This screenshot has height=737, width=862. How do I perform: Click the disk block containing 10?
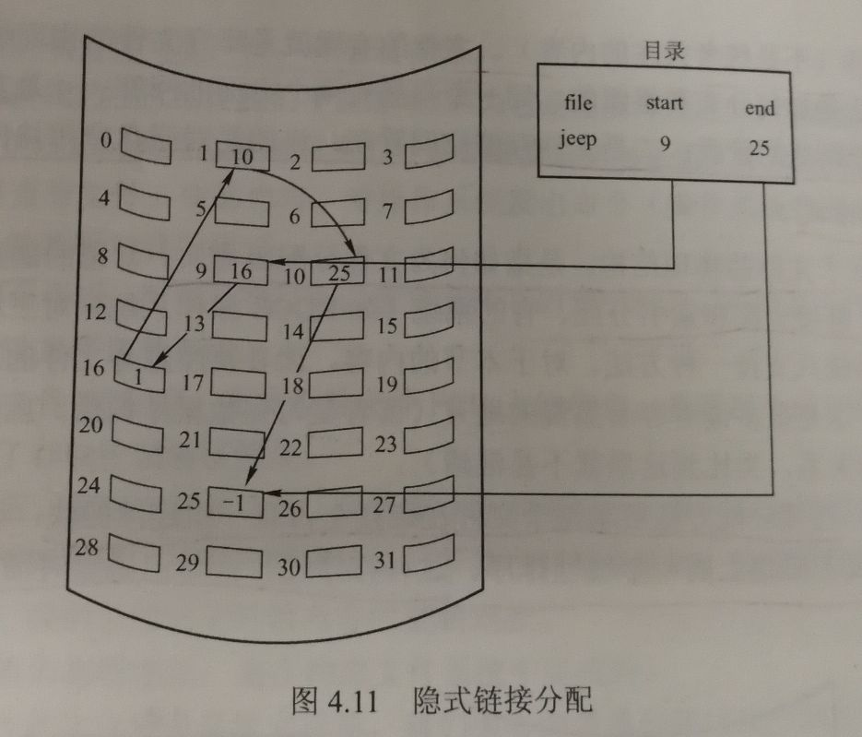pos(242,157)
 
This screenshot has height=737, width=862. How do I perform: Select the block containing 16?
pos(241,271)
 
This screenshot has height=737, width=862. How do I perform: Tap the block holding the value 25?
pos(338,273)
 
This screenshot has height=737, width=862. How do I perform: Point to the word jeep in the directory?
pos(579,139)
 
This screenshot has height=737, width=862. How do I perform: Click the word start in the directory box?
pos(665,102)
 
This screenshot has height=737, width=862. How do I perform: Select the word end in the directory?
pos(760,108)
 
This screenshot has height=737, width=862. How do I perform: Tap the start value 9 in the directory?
pos(664,143)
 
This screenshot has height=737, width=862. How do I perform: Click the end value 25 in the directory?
pos(759,148)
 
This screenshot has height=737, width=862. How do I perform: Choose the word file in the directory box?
pos(578,101)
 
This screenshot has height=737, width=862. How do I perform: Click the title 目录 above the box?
pos(663,52)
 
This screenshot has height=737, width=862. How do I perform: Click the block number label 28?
pos(88,547)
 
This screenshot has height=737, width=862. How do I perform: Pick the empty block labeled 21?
pos(237,442)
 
